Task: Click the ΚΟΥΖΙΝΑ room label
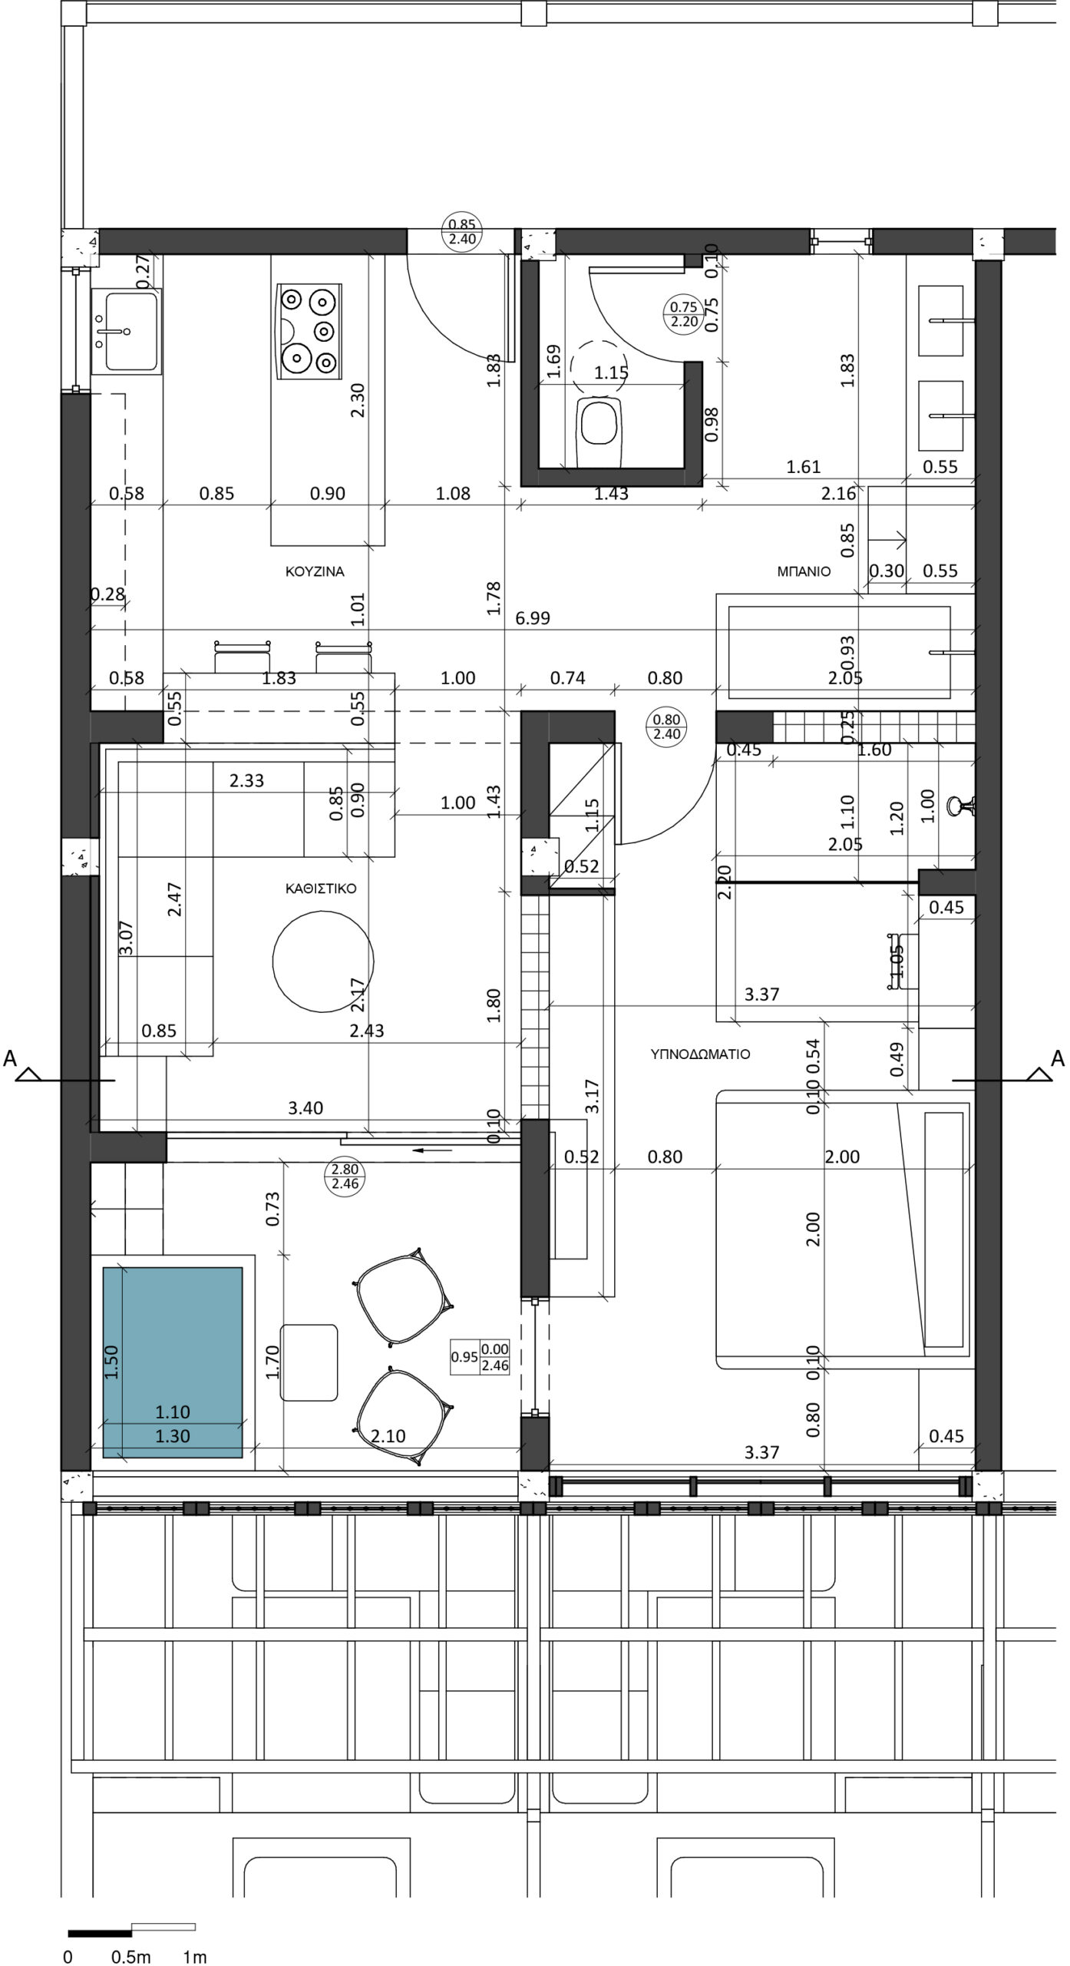[315, 571]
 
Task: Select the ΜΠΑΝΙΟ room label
[804, 571]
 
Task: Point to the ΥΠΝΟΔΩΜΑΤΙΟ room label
[700, 1054]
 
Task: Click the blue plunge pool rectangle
[173, 1362]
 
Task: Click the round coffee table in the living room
[324, 961]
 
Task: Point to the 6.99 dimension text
[533, 618]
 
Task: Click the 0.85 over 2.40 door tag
[462, 232]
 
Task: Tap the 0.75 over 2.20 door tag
[683, 315]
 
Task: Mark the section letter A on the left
[9, 1059]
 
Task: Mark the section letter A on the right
[1058, 1059]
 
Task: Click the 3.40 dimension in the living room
[305, 1108]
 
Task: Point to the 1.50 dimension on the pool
[112, 1362]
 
